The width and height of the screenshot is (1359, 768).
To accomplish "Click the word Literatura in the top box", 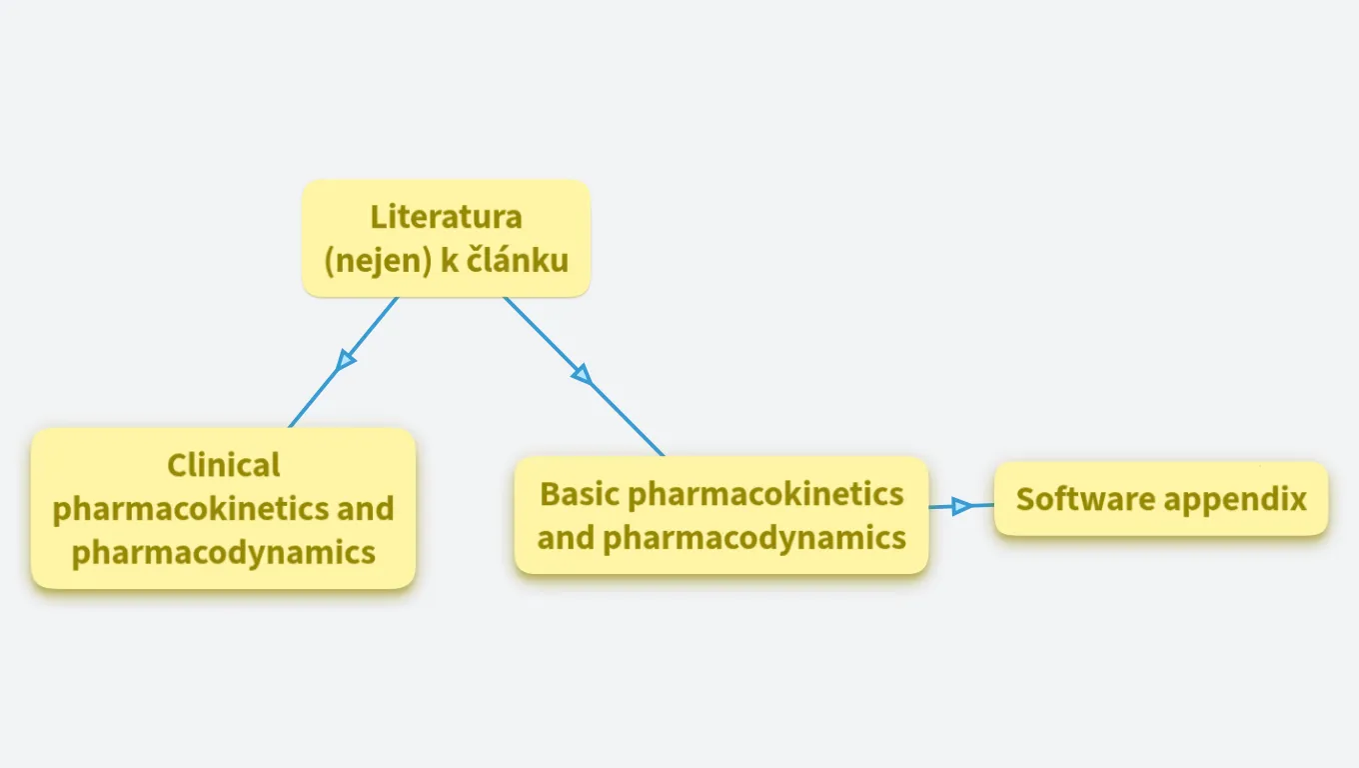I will point(446,216).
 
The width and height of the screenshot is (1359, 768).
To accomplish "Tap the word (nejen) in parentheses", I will point(378,260).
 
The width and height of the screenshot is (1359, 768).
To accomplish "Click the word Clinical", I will point(224,465).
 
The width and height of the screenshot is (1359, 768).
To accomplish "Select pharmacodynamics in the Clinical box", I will point(224,551).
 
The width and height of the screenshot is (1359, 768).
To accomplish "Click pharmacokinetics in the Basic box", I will point(765,493).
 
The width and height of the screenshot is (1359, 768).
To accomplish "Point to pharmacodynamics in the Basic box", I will point(754,537).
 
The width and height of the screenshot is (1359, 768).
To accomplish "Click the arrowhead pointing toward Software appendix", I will point(961,506).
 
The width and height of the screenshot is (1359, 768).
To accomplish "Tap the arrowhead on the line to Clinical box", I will point(346,359).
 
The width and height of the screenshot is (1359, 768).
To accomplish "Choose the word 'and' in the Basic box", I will point(567,537).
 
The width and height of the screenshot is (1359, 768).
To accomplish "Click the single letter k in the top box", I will point(449,260).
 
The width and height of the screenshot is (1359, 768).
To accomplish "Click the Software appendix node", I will point(1161,499).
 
